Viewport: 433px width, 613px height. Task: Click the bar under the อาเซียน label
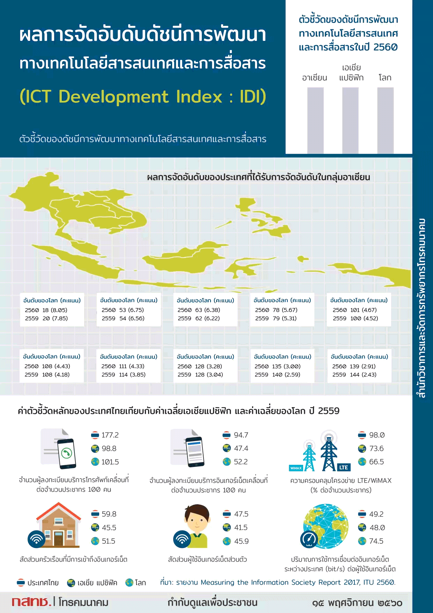[x=315, y=120]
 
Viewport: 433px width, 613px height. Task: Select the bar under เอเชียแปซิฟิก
[x=350, y=120]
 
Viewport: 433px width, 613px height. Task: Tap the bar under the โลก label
[x=386, y=120]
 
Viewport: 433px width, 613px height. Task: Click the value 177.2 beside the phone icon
[x=110, y=435]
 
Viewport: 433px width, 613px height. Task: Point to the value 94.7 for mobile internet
[x=241, y=435]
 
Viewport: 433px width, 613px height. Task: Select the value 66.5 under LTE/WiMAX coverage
[x=376, y=462]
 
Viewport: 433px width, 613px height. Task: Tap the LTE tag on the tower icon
[x=344, y=467]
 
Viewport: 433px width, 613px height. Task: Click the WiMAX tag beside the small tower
[x=296, y=468]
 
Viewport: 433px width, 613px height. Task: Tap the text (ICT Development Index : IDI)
[x=143, y=96]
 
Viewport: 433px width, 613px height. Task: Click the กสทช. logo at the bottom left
[x=31, y=601]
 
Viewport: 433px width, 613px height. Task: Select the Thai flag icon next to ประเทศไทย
[x=21, y=583]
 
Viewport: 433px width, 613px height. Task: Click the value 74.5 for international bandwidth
[x=376, y=541]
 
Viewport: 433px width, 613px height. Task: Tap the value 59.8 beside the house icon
[x=109, y=514]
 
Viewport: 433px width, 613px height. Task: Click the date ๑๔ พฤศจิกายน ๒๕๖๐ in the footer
[x=357, y=603]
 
